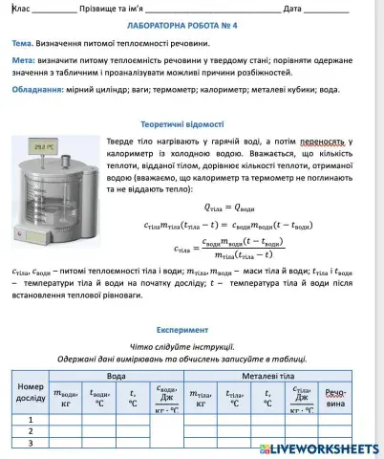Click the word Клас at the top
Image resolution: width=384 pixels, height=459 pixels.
[21, 8]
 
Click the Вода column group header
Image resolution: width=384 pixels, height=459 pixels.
[115, 376]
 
